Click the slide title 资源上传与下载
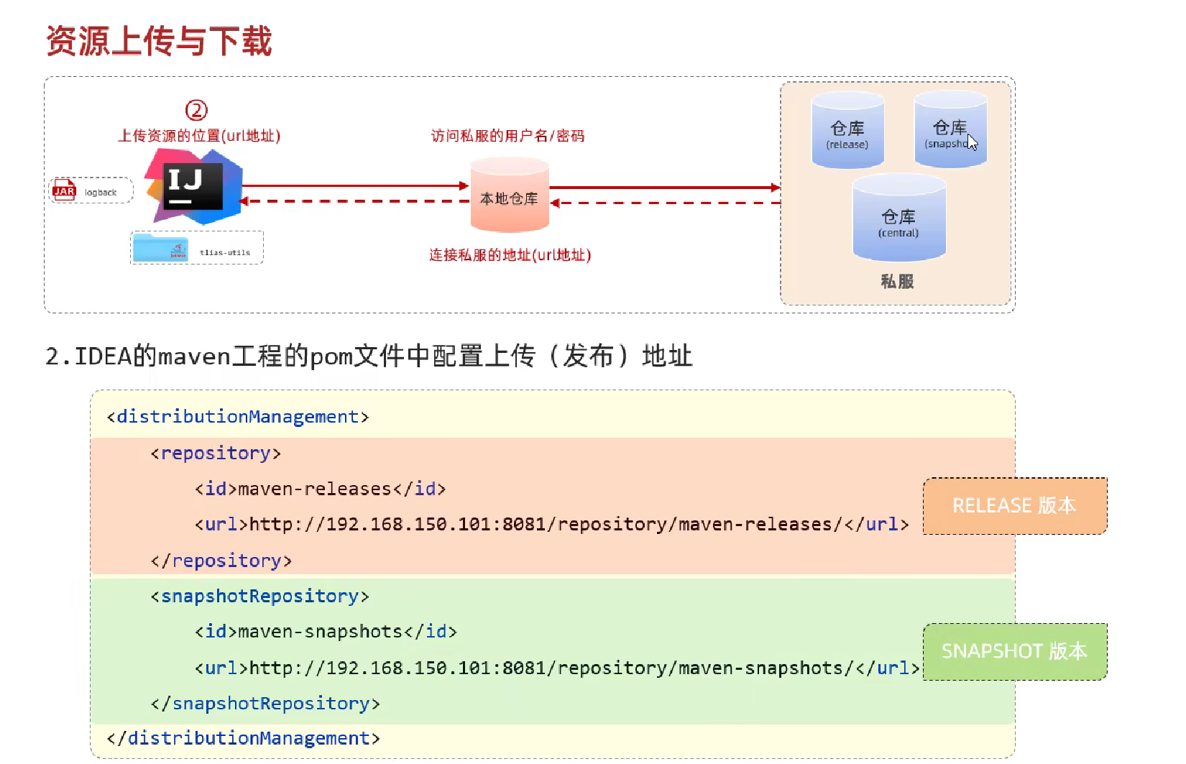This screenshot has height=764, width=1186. click(159, 41)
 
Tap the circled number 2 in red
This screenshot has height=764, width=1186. click(196, 110)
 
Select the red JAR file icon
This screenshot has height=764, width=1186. click(65, 190)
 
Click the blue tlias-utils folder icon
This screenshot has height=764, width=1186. click(160, 248)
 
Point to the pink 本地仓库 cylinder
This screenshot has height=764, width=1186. click(509, 196)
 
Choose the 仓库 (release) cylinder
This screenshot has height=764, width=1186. click(847, 131)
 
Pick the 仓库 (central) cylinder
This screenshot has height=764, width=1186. click(898, 218)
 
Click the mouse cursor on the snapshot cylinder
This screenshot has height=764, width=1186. click(972, 142)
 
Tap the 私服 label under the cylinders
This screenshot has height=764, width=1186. click(897, 282)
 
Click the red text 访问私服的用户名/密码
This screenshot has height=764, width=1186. click(507, 136)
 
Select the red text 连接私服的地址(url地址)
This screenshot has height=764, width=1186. click(510, 255)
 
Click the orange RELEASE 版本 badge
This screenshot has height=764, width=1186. click(1014, 506)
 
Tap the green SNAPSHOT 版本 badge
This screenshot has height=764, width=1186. click(1014, 651)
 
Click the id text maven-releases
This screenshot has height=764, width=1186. click(315, 489)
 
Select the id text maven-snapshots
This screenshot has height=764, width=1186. click(320, 632)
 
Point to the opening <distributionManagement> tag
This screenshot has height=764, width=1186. click(238, 417)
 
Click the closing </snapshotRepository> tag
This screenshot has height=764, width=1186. click(265, 704)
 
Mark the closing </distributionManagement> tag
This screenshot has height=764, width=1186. click(243, 738)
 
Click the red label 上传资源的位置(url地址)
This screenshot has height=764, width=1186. click(199, 136)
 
